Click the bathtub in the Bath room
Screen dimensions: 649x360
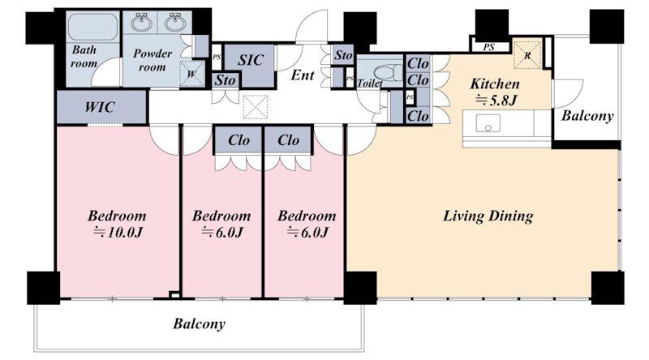coord(92,27)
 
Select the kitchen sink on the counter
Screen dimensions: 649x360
coord(488,123)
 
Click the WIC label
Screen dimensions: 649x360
coord(100,107)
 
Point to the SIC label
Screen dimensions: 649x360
coord(251,60)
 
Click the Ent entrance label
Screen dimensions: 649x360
coord(303,75)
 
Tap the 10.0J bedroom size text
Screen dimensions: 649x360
coord(118,232)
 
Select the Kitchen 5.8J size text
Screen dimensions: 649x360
coord(496,101)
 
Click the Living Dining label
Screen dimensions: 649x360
coord(488,216)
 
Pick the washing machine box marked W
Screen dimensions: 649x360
coord(192,74)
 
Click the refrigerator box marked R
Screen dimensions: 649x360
coord(527,54)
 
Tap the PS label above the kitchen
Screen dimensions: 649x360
coord(489,47)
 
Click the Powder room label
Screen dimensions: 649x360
coord(153,60)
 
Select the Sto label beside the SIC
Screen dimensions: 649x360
coord(225,79)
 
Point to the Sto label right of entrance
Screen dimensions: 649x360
coord(343,55)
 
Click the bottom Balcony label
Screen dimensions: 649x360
coord(199,324)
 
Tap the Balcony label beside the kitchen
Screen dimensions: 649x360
coord(587,116)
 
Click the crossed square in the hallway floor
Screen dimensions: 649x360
coord(256,107)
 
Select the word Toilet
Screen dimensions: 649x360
coord(370,84)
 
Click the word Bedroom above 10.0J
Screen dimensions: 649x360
coord(117,216)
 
